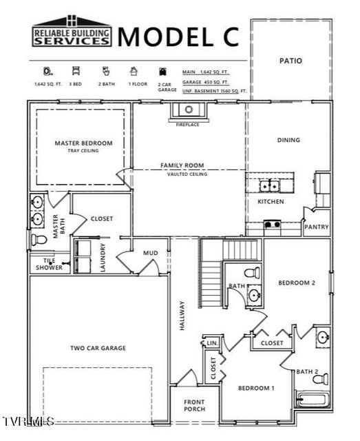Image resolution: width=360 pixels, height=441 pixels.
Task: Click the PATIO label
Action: [x=291, y=61]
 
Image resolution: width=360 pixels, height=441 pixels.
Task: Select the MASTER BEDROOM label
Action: [x=83, y=143]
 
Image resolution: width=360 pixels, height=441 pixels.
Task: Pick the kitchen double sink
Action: [x=269, y=185]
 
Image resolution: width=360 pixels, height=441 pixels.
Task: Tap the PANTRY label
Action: [x=317, y=227]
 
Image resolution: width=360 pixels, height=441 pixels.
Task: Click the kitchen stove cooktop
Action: [x=273, y=224]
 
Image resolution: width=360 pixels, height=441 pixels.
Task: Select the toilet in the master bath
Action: [x=39, y=239]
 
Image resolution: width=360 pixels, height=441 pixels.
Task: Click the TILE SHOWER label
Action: [x=50, y=264]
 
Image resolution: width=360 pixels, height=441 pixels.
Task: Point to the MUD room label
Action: [x=151, y=253]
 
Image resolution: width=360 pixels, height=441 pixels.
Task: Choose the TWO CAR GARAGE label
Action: [x=98, y=348]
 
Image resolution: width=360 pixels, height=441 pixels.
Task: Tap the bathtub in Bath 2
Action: [x=313, y=400]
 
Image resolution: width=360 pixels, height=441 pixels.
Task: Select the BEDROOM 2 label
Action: [x=297, y=283]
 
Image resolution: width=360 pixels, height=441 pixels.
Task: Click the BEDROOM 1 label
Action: [x=256, y=388]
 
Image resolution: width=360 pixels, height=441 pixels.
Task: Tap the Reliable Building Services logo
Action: [x=72, y=32]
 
